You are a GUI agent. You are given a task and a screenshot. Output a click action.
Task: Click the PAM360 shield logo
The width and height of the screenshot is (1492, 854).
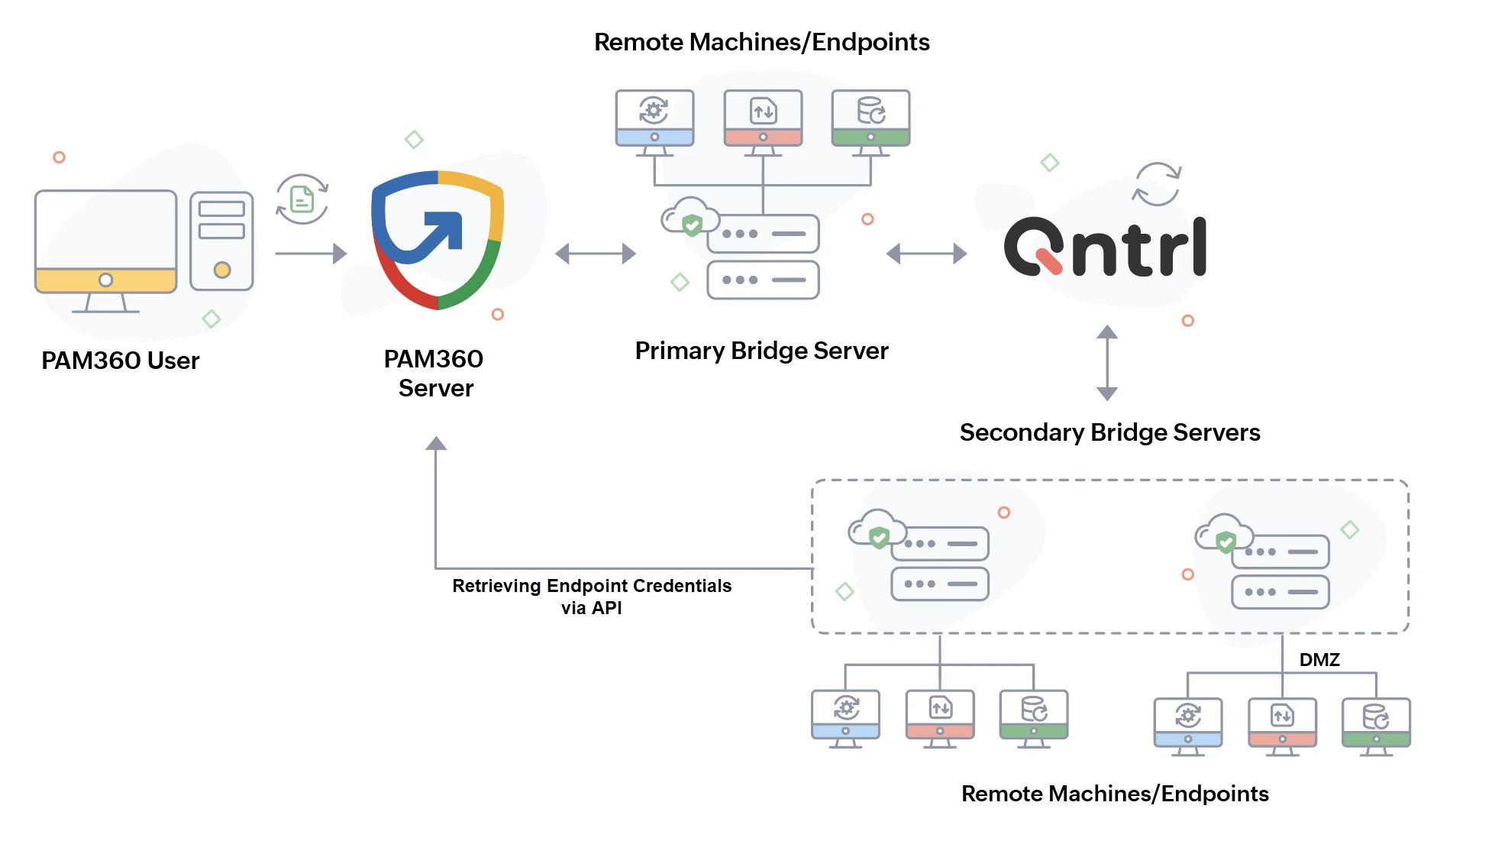[x=437, y=239]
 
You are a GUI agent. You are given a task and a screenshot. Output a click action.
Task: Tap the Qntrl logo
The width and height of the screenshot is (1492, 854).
[x=1105, y=247]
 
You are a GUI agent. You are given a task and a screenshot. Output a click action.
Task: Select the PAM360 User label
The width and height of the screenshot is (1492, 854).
[x=121, y=361]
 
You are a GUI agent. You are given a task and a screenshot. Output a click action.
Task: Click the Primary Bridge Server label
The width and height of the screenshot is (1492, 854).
[x=761, y=351]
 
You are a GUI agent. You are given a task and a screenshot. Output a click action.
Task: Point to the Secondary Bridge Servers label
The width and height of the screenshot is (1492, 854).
[x=1109, y=432]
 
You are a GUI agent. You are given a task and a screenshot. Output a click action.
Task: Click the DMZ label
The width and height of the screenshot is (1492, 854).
[x=1319, y=659]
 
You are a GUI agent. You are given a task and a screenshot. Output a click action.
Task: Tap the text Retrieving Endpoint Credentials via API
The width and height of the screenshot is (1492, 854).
[x=592, y=597]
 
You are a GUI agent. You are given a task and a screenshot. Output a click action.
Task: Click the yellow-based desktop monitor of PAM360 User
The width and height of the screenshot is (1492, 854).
[x=105, y=248]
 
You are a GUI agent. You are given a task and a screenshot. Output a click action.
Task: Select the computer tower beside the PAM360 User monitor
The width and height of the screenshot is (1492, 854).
[x=221, y=241]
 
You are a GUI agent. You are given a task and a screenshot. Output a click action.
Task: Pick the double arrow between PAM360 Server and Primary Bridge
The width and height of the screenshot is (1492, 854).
[x=596, y=254]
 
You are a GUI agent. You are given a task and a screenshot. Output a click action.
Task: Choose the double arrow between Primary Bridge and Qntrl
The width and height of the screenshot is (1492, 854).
[x=926, y=254]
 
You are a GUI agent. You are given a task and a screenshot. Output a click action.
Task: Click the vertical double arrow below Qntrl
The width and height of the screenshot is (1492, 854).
[x=1107, y=363]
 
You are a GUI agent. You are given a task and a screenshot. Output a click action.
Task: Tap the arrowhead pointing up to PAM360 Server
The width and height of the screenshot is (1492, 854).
[x=436, y=444]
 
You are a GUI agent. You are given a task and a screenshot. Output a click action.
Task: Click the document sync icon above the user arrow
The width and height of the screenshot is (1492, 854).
[x=302, y=199]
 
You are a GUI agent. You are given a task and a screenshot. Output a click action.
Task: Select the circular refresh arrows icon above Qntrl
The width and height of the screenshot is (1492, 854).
[x=1156, y=184]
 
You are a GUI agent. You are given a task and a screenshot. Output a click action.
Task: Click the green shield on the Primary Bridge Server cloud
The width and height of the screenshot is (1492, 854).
[x=692, y=225]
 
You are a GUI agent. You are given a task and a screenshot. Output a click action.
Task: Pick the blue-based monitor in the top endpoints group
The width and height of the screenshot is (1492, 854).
[x=654, y=121]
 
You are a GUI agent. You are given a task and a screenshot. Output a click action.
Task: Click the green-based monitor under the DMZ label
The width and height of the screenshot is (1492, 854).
[x=1376, y=725]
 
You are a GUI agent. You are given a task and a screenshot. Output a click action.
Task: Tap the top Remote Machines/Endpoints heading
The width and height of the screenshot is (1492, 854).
[x=761, y=42]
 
